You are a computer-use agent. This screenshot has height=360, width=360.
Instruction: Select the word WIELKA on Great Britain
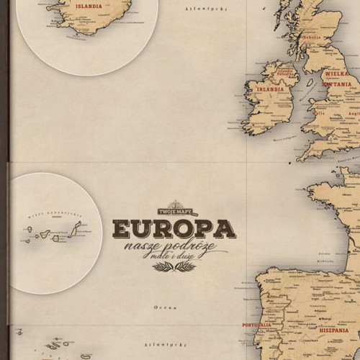click(337, 73)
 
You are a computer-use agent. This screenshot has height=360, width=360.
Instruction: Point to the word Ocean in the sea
click(152, 307)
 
